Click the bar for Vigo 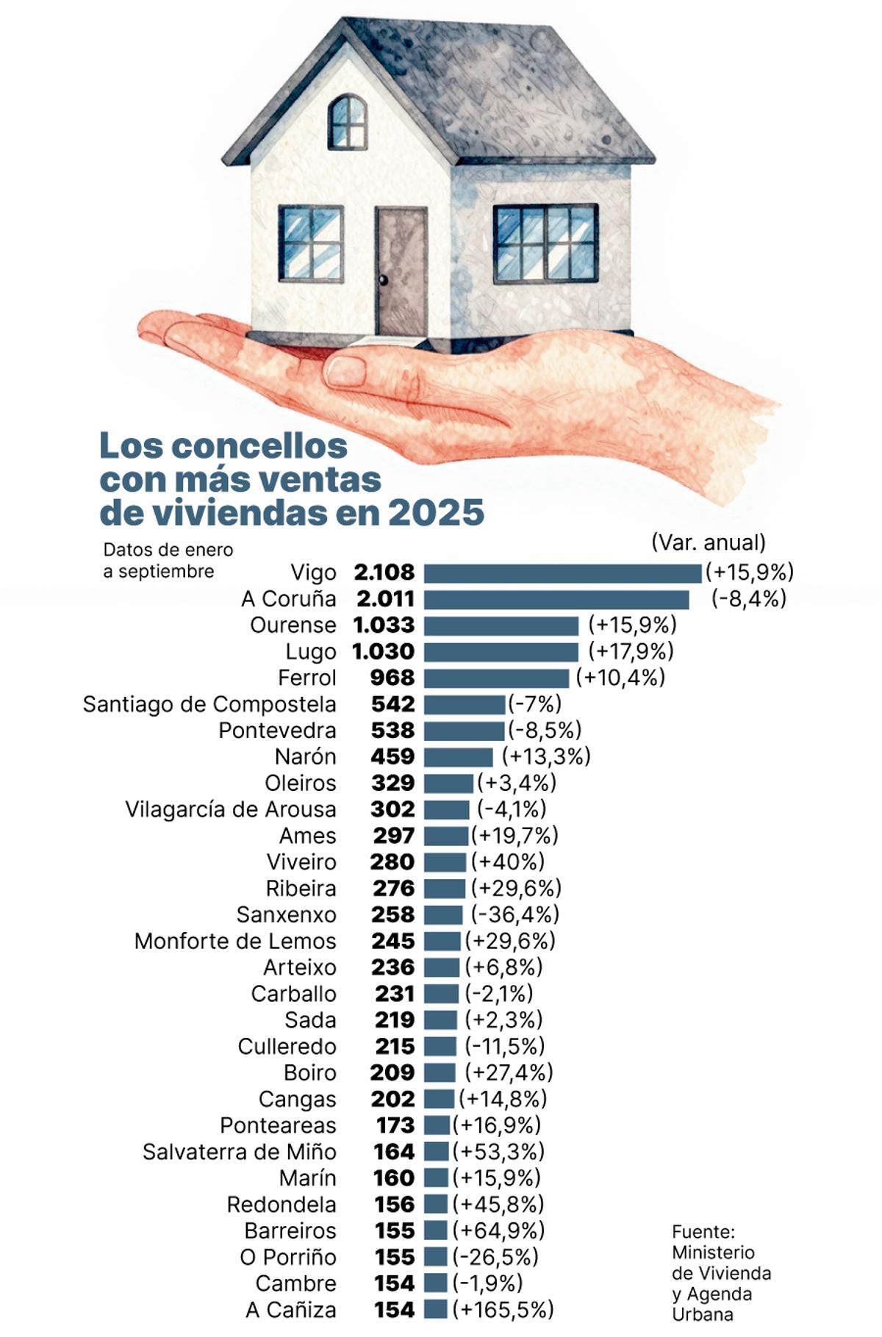coord(562,573)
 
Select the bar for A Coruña coord(556,600)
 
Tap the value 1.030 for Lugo coord(384,652)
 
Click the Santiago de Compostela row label coord(209,704)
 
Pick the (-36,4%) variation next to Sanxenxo coord(514,914)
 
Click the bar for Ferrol coord(496,678)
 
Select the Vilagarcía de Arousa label coord(230,809)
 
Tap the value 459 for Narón coord(392,757)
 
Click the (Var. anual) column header coord(708,542)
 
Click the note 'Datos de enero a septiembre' coord(168,560)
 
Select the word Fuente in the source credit coord(703,1231)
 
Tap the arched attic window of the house coord(347,122)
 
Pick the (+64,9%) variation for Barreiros coord(498,1230)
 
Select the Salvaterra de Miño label coord(239,1152)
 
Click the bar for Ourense coord(501,626)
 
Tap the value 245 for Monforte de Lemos coord(392,941)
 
